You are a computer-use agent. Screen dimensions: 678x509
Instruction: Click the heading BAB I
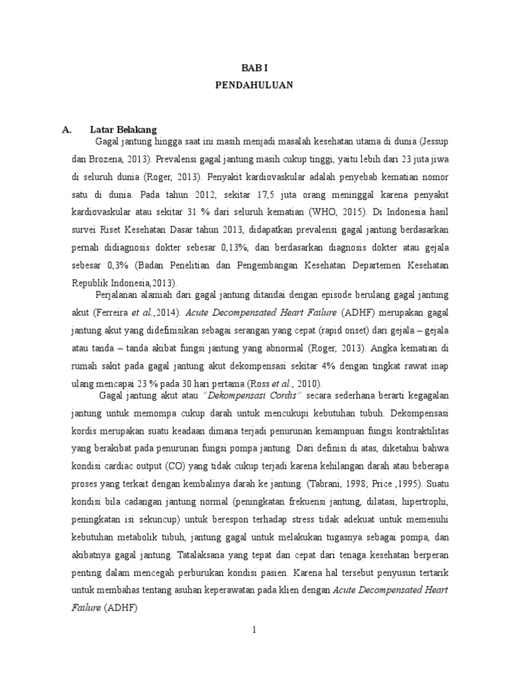point(254,67)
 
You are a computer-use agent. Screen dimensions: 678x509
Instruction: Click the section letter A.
point(67,130)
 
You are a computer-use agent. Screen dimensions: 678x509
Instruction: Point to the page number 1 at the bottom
point(254,630)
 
